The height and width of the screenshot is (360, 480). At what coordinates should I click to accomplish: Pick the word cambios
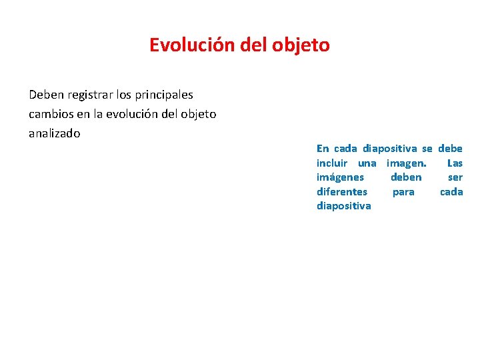52,114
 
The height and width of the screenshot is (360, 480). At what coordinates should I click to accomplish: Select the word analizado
54,133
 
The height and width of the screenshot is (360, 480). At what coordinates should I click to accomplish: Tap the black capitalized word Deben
44,95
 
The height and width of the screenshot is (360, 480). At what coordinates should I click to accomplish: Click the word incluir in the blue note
333,163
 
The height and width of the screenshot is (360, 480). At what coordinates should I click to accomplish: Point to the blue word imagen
406,163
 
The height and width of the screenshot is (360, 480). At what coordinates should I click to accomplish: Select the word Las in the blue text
455,163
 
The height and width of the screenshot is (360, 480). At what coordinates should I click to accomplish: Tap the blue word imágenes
340,177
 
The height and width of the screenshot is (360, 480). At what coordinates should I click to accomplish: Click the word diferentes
341,192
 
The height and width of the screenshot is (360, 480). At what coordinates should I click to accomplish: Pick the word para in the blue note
403,192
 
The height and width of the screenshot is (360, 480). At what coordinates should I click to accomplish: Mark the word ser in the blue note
455,177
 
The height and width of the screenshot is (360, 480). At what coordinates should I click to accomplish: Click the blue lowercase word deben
406,177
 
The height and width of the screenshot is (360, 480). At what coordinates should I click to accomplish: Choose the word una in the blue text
367,163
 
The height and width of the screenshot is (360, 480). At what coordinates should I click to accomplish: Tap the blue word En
323,149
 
